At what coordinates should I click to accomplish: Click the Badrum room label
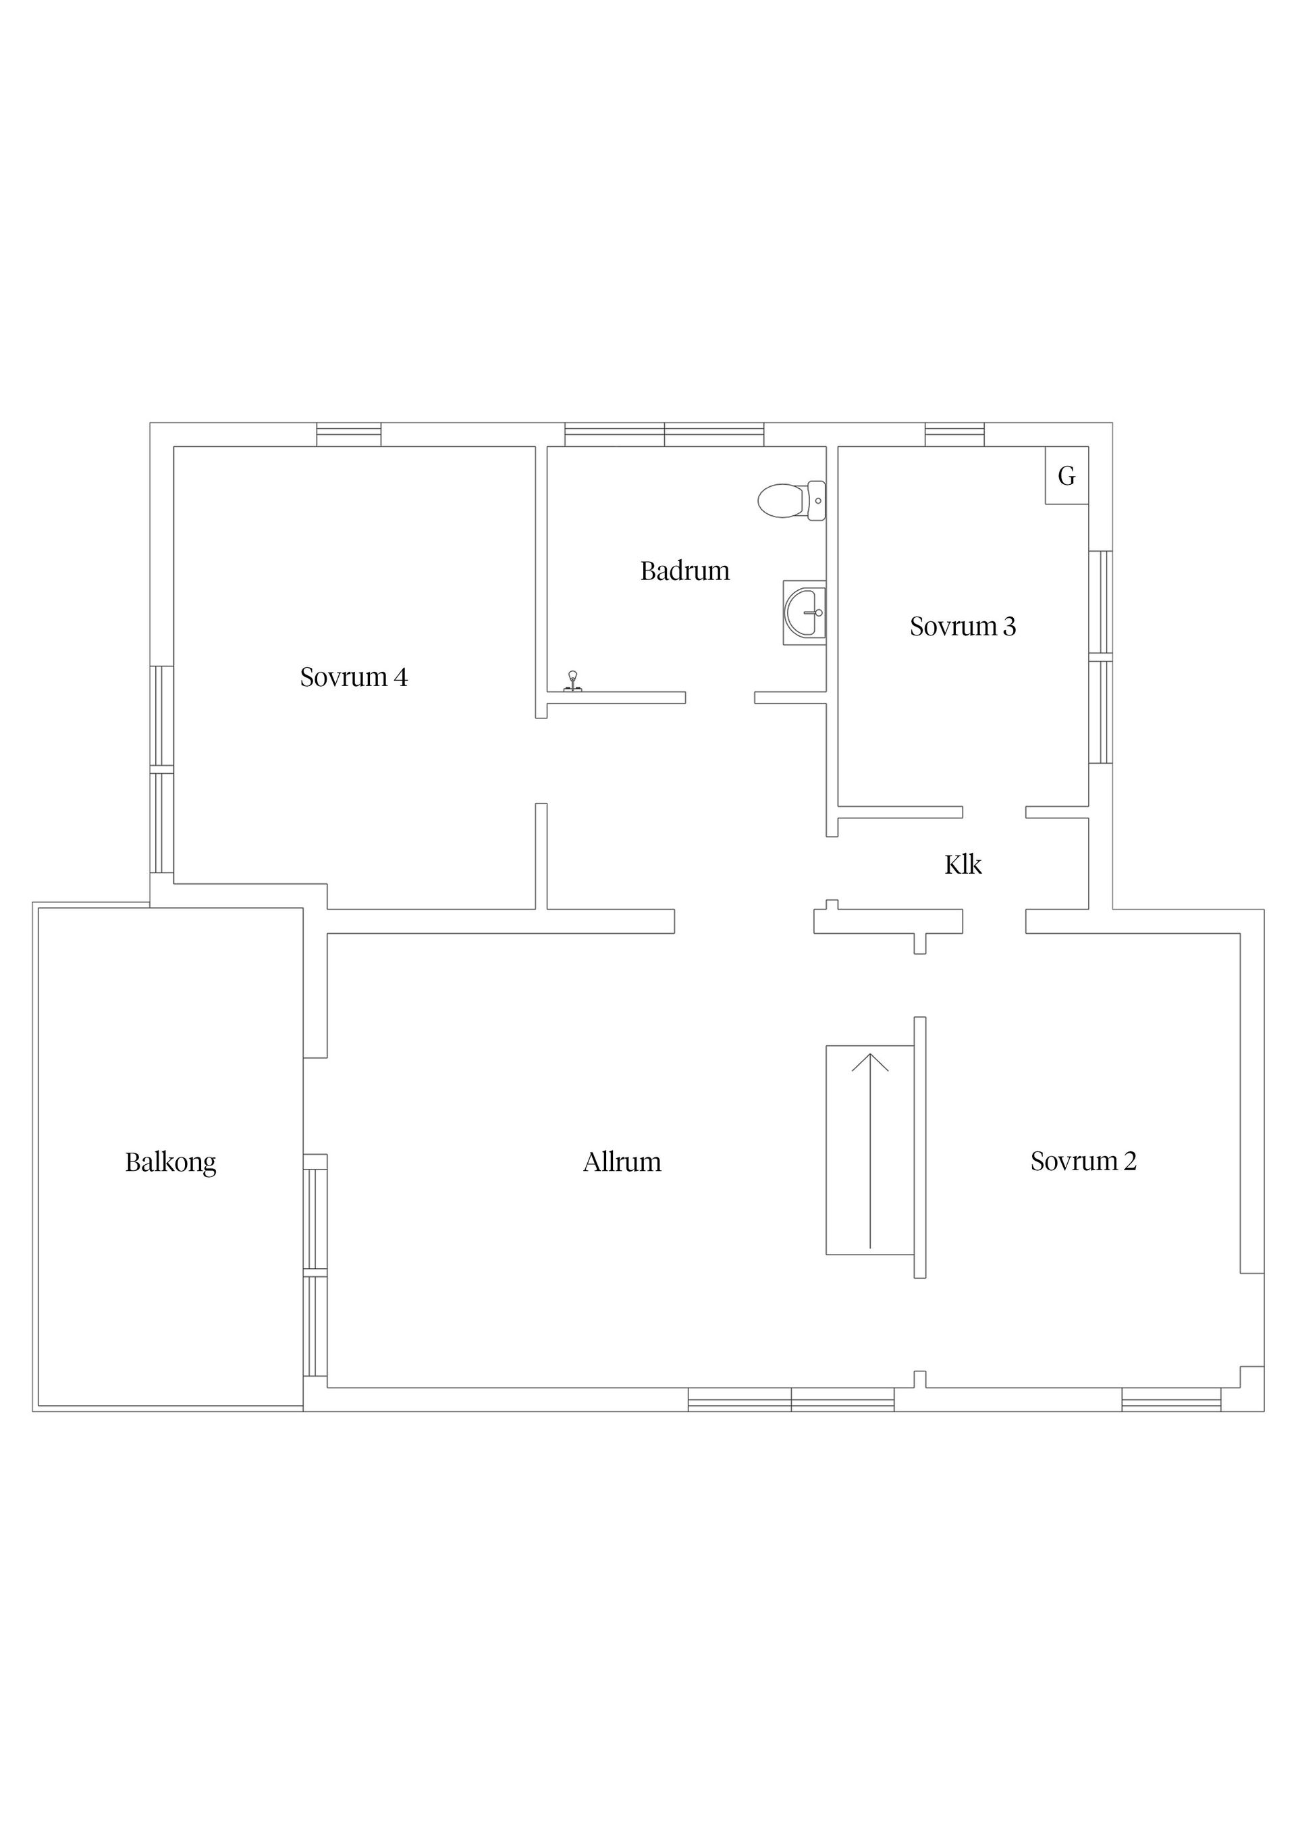tap(684, 571)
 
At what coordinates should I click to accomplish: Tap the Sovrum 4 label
tap(354, 677)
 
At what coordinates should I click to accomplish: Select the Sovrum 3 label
tap(963, 626)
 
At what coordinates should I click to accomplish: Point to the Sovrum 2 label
tap(1083, 1161)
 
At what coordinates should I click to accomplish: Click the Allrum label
tap(622, 1161)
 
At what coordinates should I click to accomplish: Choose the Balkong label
tap(171, 1162)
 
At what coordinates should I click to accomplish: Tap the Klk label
tap(963, 864)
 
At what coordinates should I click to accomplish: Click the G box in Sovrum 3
tap(1066, 475)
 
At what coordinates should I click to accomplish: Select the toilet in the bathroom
tap(791, 501)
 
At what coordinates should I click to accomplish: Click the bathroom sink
tap(804, 612)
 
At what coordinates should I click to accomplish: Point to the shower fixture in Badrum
tap(572, 681)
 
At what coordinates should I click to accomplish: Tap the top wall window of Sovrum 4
tap(349, 435)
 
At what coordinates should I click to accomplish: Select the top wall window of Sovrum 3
tap(954, 435)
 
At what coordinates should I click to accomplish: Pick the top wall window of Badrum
tap(664, 435)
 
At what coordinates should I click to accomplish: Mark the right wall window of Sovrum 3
tap(1100, 658)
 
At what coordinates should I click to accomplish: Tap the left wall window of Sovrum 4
tap(162, 770)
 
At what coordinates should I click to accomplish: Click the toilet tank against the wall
tap(817, 501)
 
